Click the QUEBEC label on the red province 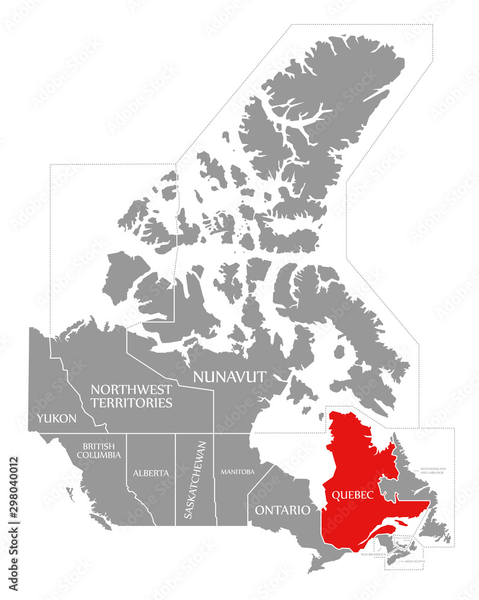[353, 495]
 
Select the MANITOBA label [237, 472]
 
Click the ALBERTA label [150, 473]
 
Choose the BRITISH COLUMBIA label [99, 451]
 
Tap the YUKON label [56, 418]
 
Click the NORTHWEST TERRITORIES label [132, 396]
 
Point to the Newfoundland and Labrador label [432, 470]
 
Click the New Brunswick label [373, 555]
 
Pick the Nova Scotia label [414, 561]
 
